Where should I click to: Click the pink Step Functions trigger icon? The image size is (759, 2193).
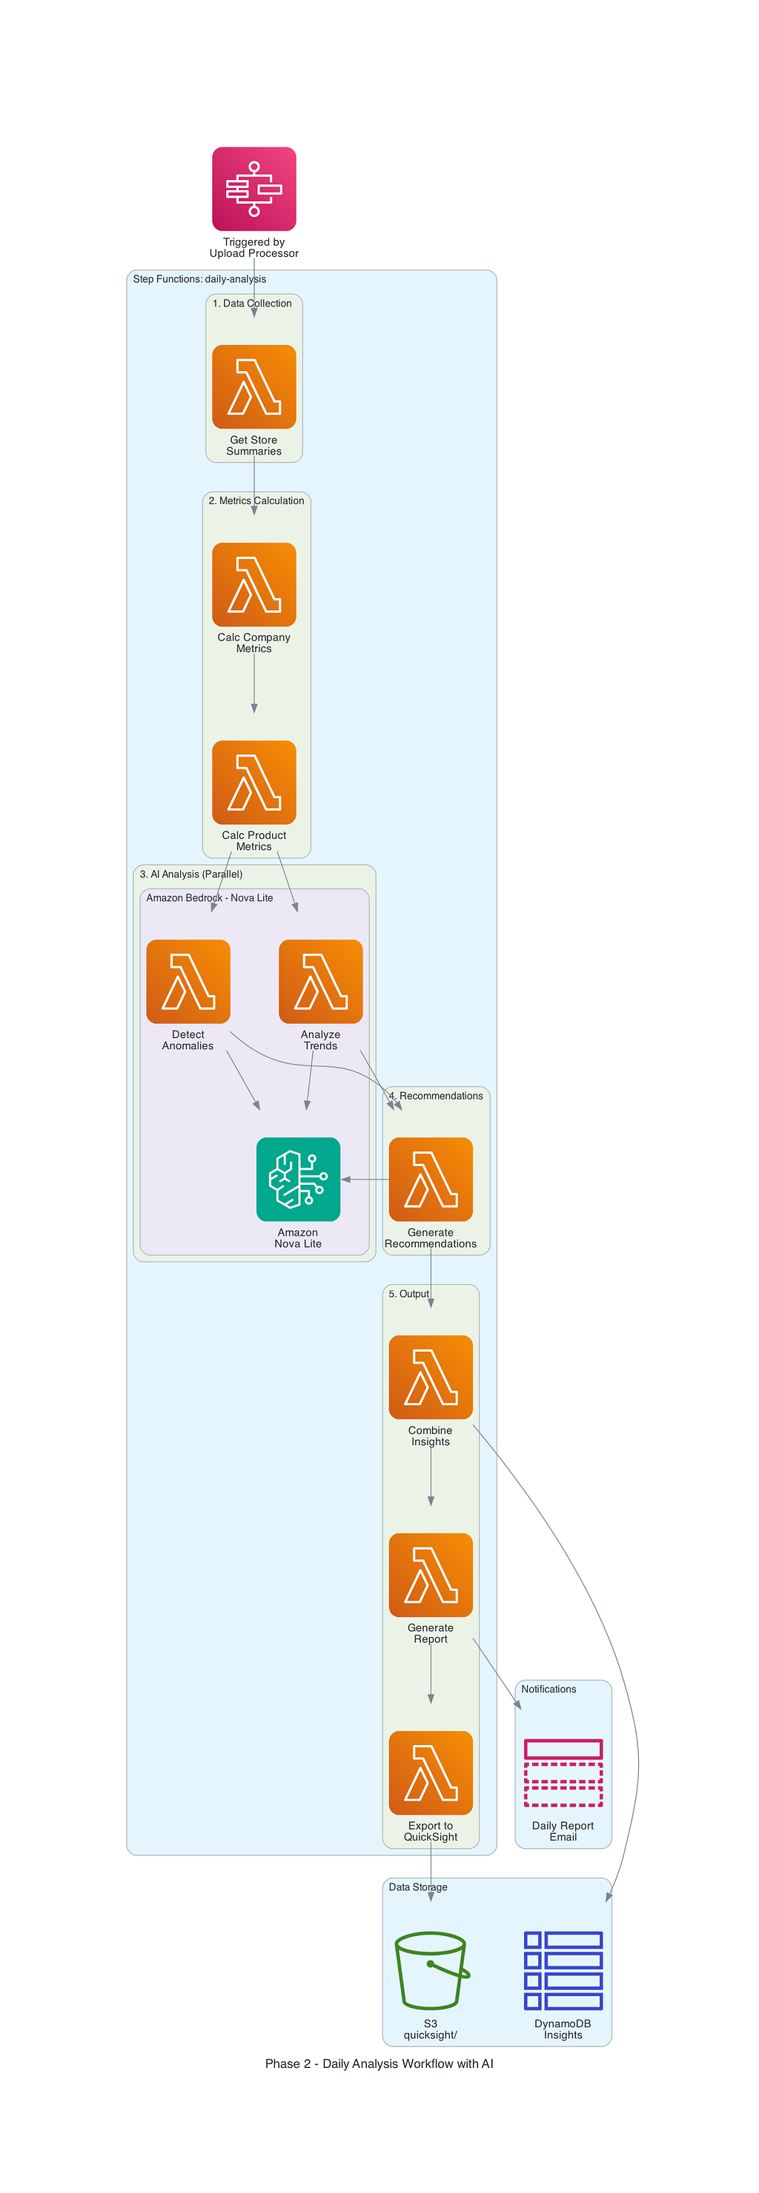tap(253, 189)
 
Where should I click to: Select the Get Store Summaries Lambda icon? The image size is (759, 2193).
tap(253, 386)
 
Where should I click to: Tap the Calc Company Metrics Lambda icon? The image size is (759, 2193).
tap(253, 584)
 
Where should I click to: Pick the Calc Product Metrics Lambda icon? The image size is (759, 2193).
tap(253, 783)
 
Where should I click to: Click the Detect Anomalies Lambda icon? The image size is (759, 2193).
tap(188, 982)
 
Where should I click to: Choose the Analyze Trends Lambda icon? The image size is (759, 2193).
tap(320, 982)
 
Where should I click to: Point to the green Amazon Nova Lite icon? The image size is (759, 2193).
tap(298, 1179)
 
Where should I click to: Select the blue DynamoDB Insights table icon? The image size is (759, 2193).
tap(563, 1971)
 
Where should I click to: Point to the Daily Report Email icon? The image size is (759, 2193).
tap(563, 1772)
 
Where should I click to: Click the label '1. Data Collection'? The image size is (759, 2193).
tap(252, 303)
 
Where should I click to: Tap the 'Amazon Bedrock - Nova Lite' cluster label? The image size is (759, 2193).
tap(210, 897)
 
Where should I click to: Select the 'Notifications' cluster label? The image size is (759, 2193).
tap(548, 1689)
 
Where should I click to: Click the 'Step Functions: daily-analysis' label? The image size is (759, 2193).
tap(199, 279)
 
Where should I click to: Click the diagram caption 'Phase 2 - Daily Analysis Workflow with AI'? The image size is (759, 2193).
tap(379, 2063)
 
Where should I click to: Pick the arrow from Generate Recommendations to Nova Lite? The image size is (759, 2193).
tap(365, 1179)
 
